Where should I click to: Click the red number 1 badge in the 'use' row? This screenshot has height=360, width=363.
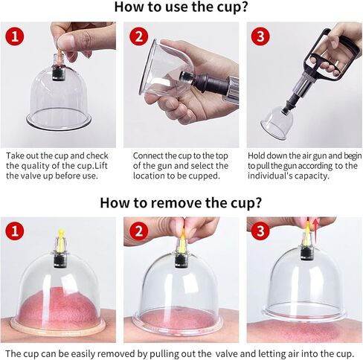(15, 36)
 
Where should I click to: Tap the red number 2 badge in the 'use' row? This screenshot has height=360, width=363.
(139, 36)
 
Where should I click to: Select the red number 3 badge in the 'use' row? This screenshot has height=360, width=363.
(260, 36)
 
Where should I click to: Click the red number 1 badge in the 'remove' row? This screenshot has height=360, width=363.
(15, 231)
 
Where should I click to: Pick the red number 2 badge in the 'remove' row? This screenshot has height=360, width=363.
(139, 231)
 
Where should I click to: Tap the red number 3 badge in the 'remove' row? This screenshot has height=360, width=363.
(260, 231)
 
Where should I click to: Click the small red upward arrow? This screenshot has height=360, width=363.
(315, 230)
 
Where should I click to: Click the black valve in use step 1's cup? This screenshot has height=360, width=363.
(59, 72)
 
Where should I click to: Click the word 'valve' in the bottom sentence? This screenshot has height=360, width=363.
(227, 354)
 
